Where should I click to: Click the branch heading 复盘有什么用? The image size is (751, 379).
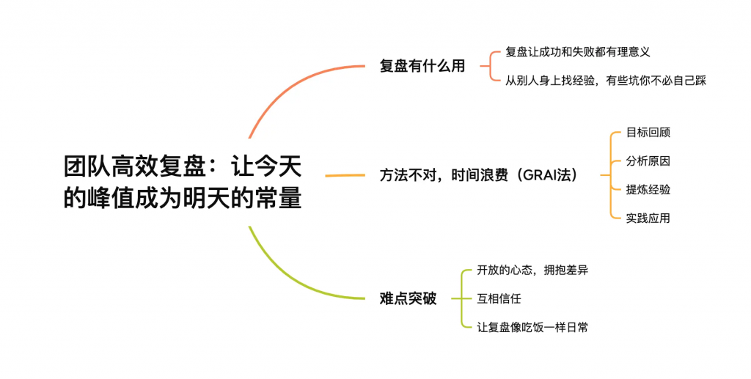pos(422,66)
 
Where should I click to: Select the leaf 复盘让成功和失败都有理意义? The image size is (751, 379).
pos(578,51)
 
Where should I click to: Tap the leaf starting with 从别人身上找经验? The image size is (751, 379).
pos(606,81)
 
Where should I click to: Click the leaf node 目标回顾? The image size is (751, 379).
pos(648,133)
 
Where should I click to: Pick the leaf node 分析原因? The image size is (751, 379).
pos(648,161)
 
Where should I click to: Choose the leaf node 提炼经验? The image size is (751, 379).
pos(648,189)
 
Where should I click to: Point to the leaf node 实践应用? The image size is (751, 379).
pos(648,218)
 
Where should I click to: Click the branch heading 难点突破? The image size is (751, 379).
pos(408,298)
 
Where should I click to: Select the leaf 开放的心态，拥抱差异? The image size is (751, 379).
pos(532,270)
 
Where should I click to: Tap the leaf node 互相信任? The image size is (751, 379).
pos(499,298)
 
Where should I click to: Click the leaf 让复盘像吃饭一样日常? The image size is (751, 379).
pos(532,327)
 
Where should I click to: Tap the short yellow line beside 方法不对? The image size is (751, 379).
pos(345,176)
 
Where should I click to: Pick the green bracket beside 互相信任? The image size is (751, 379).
pos(462,298)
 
